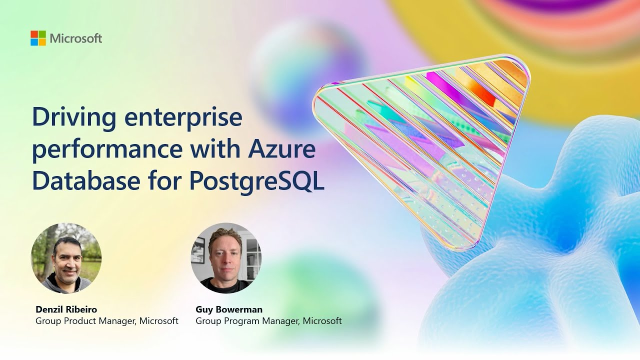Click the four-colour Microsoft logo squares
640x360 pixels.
coord(38,38)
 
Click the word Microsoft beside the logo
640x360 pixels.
coord(76,38)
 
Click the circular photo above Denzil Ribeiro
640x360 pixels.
coord(66,258)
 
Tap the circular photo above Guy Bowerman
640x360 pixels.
coord(226,258)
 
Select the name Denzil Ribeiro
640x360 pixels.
coord(66,309)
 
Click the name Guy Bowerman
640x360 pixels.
coord(229,309)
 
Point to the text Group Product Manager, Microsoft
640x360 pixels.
coord(107,321)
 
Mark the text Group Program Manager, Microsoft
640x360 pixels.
coord(268,321)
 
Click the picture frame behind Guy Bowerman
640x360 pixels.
coord(198,250)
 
